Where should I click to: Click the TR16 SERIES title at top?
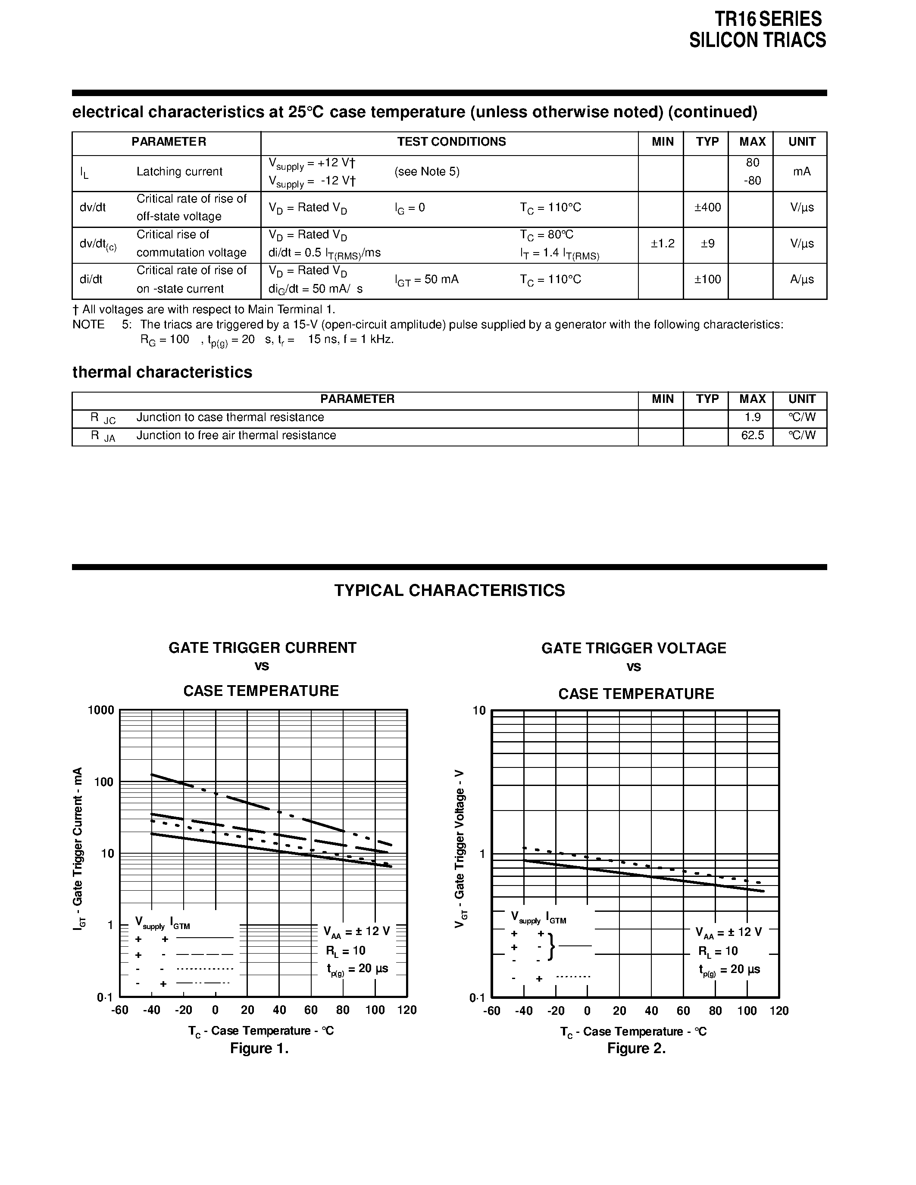coord(767,19)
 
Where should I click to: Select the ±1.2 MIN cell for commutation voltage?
coord(662,243)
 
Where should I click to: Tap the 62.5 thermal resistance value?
coord(752,436)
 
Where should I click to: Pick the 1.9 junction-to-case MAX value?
coord(752,417)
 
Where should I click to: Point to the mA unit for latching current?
coord(801,172)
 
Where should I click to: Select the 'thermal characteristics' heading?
coord(162,372)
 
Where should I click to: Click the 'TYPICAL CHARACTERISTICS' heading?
coord(449,590)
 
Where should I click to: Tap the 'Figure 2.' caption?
coord(636,1048)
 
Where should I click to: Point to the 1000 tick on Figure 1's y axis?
coord(101,710)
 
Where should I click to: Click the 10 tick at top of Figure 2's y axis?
coord(479,711)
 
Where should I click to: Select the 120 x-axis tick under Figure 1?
coord(407,1010)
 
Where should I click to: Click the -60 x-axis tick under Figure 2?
coord(492,1011)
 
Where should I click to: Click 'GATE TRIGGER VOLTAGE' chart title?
coord(633,649)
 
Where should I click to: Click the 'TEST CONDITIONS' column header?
coord(451,142)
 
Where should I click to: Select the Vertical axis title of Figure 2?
coord(460,848)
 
